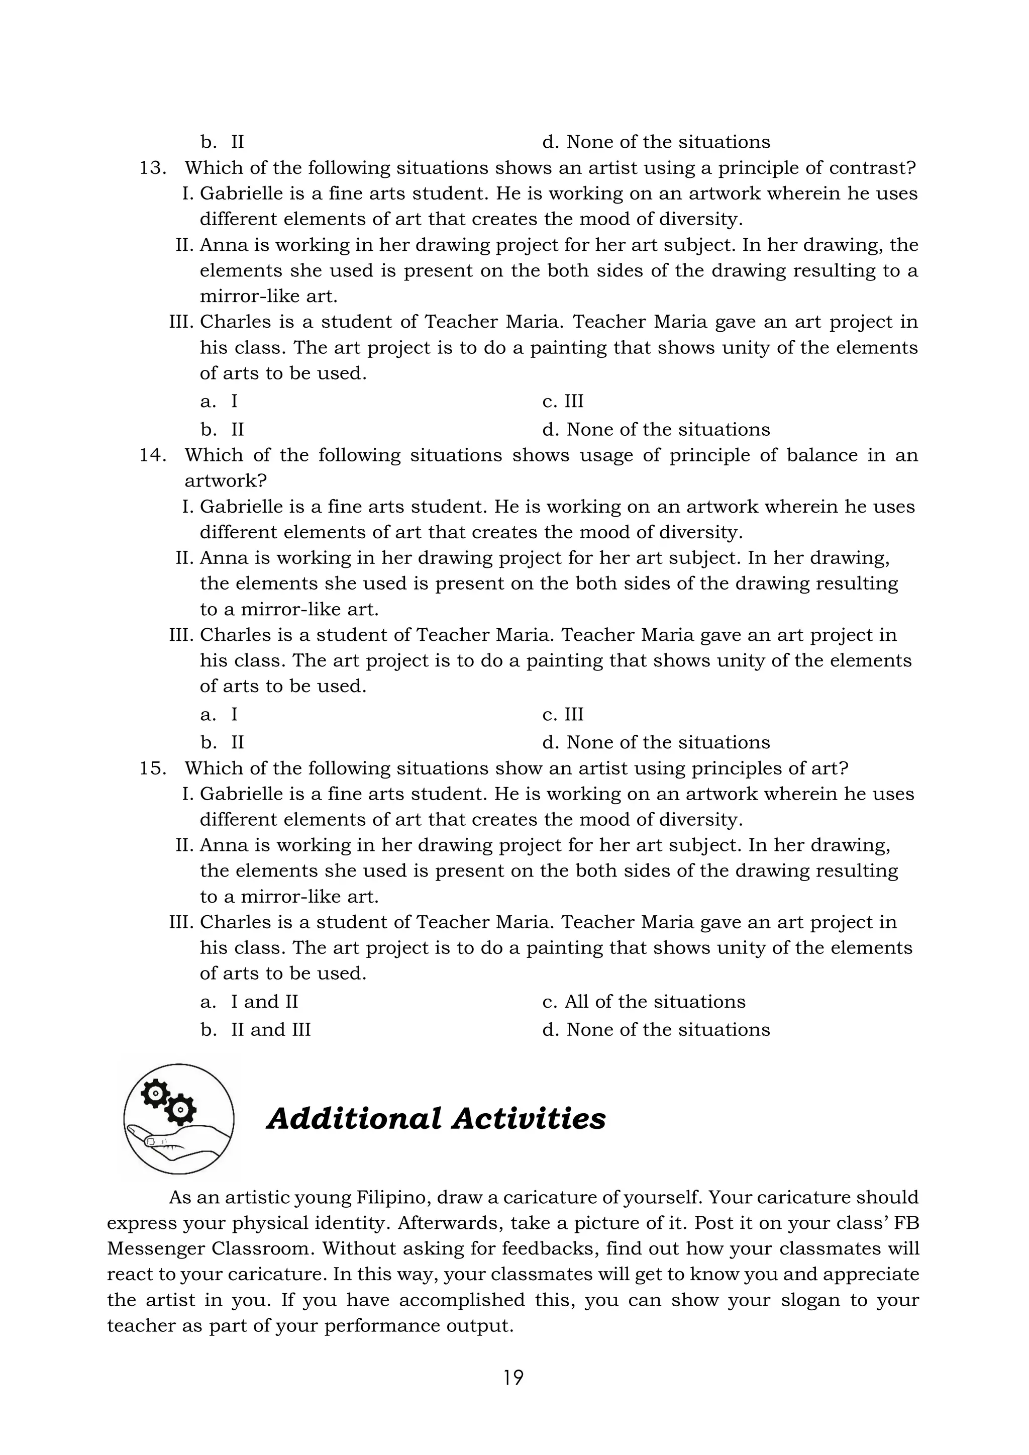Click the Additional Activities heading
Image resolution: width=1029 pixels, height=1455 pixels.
click(x=436, y=1118)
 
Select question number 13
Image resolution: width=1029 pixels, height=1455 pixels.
click(x=153, y=168)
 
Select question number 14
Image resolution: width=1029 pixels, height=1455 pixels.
click(x=153, y=456)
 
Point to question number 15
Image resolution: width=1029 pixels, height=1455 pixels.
click(x=153, y=768)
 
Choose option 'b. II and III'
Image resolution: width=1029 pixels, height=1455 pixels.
click(x=255, y=1030)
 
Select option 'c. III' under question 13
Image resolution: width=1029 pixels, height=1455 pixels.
click(x=563, y=402)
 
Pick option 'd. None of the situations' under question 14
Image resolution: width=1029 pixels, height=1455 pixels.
click(x=656, y=743)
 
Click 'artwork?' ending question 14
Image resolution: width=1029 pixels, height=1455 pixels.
click(x=226, y=481)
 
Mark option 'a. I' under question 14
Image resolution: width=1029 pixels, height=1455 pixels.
click(x=219, y=715)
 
